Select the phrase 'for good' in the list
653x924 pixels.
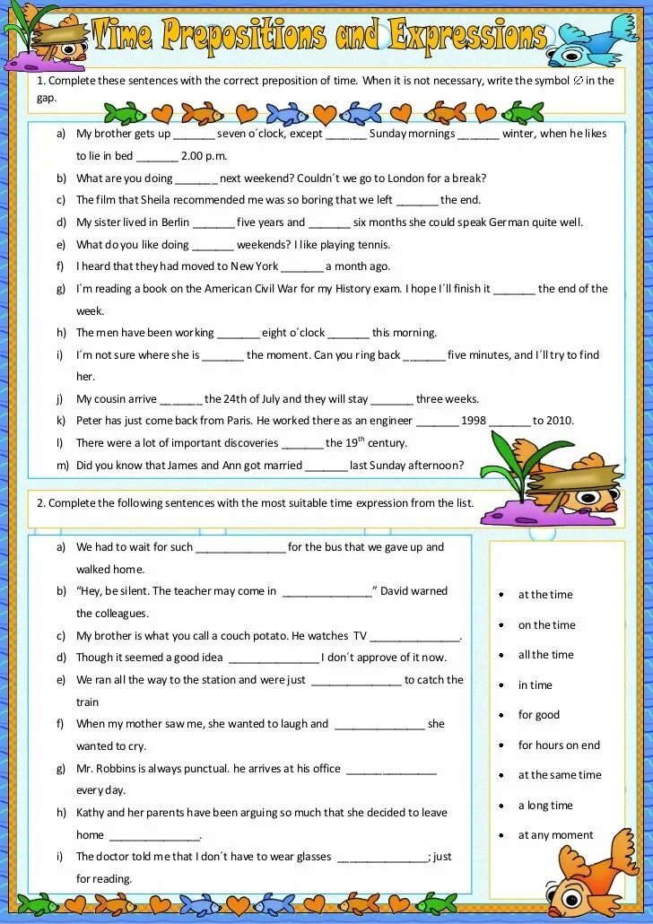(538, 715)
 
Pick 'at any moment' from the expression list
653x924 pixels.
(555, 835)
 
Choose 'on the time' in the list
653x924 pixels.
(546, 625)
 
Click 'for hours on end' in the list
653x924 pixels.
(559, 745)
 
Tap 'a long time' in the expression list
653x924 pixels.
(544, 806)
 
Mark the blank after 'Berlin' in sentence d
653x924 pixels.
(213, 223)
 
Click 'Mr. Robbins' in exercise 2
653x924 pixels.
(106, 769)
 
